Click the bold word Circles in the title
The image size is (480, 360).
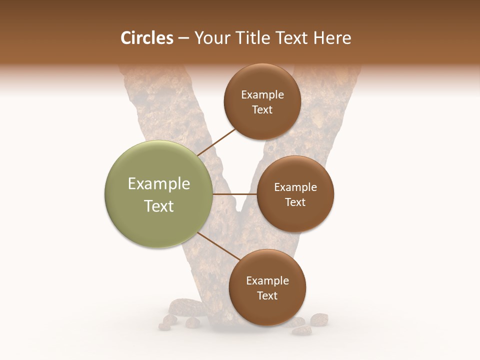146,38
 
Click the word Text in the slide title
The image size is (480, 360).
293,38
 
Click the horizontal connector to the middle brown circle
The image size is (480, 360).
235,194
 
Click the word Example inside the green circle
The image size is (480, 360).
159,184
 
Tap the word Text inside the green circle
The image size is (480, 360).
159,206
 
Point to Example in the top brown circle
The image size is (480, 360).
262,95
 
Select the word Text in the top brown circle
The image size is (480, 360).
262,110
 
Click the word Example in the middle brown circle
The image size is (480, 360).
295,187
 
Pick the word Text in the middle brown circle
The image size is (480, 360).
295,202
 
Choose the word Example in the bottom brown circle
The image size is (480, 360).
267,281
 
